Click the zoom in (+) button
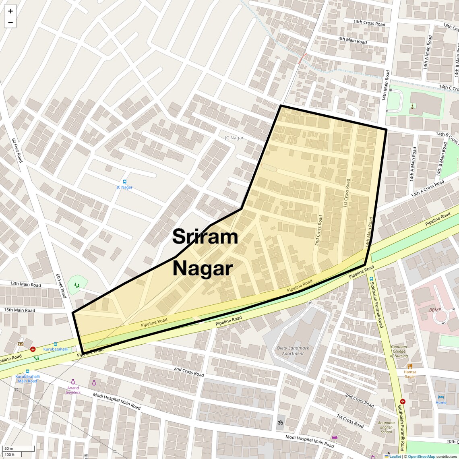point(10,11)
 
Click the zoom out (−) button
point(10,23)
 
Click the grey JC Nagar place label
point(234,138)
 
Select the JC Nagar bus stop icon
point(124,182)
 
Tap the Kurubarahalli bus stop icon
point(55,344)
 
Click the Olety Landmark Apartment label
point(293,351)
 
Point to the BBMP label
point(435,310)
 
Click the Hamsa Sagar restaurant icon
point(410,366)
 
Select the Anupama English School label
point(386,427)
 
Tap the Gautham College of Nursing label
point(399,351)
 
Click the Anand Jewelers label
point(73,390)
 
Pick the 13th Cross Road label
point(369,23)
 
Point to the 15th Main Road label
point(19,310)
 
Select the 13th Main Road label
point(25,284)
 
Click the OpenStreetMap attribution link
point(421,457)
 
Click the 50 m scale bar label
point(9,449)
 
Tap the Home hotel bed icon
point(440,397)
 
